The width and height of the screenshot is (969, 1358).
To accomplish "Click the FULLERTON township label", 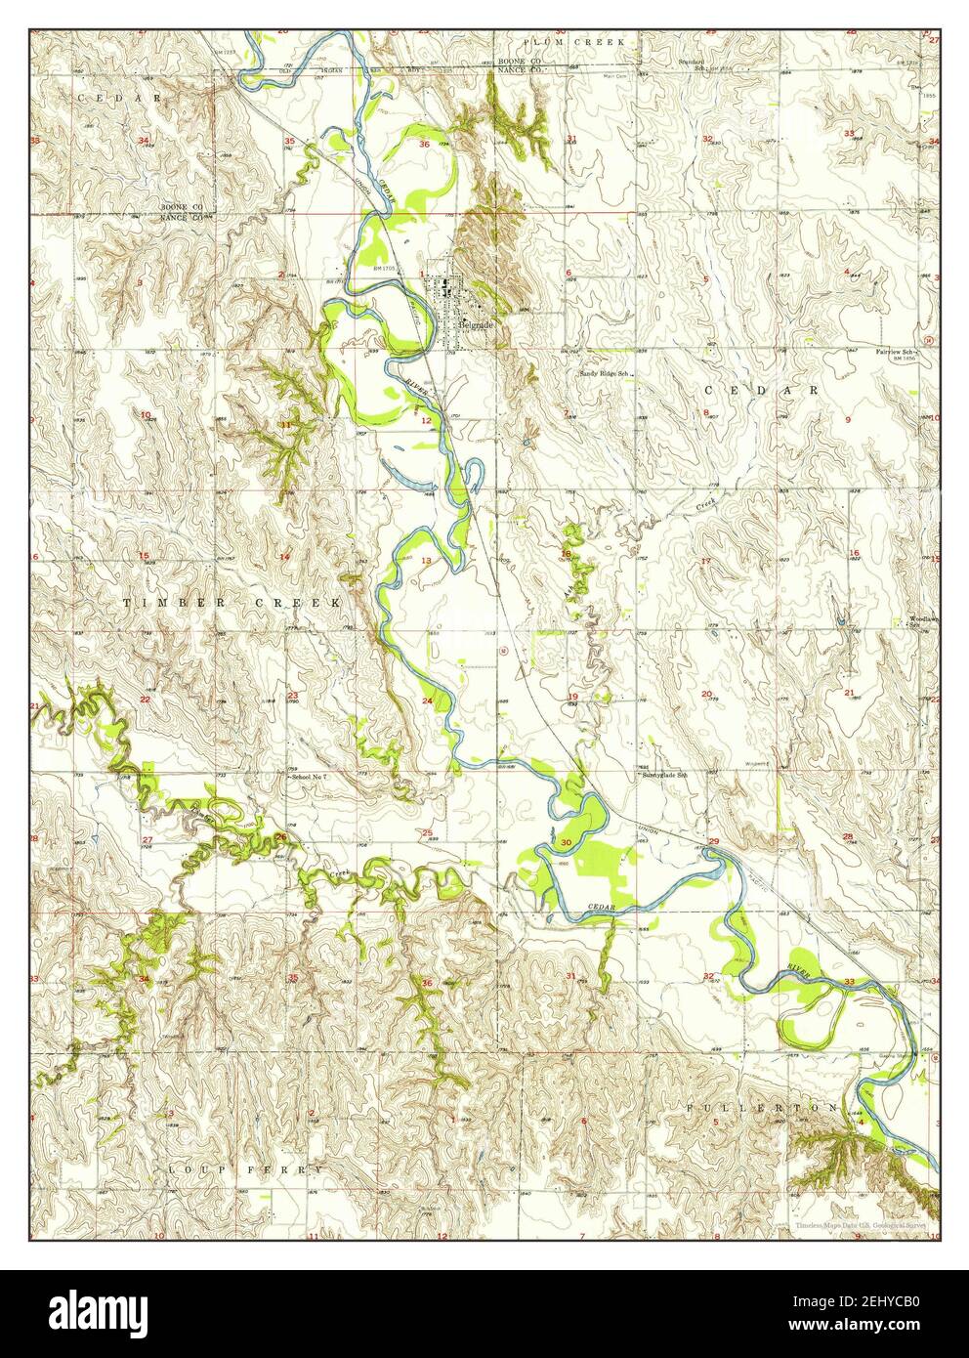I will pos(760,1108).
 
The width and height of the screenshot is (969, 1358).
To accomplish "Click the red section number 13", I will pos(426,561).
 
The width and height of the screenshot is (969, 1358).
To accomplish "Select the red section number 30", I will pos(566,842).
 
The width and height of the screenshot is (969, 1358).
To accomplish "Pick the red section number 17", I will pos(705,562).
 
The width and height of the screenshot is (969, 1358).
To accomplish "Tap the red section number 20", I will pos(705,695).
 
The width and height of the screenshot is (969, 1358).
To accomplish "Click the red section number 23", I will pos(292,696).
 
